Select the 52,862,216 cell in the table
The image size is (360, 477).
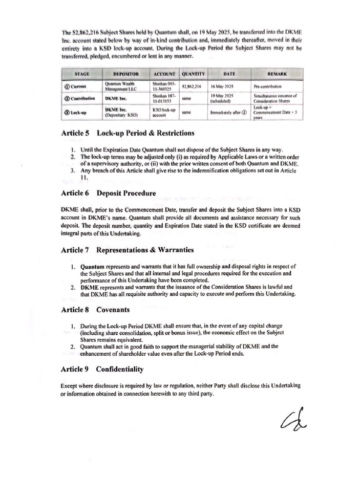192,87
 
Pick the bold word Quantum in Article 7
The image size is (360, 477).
93,267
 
